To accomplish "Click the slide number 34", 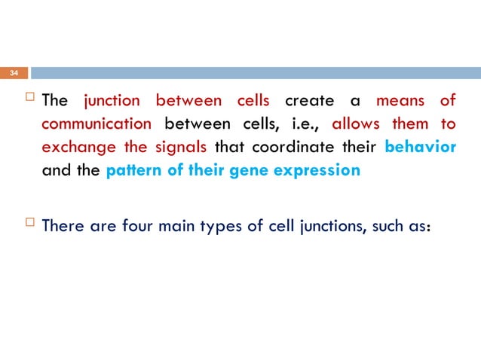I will pos(13,74).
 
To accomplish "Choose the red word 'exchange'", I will pos(73,147).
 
